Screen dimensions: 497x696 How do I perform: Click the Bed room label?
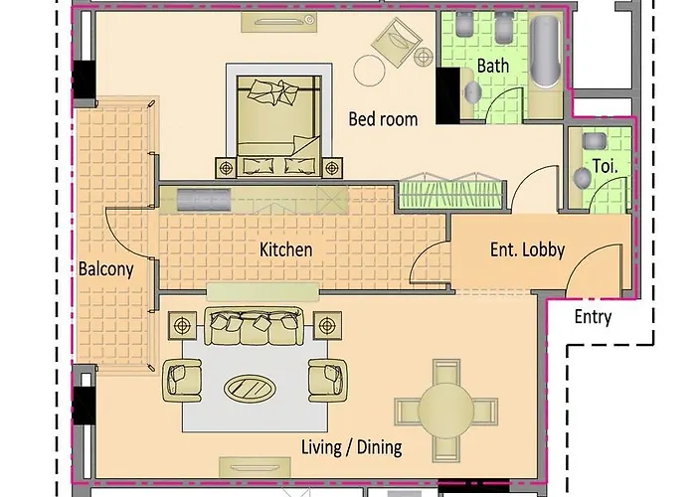383,119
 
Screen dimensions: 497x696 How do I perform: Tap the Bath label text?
493,66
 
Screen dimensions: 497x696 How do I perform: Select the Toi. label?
605,166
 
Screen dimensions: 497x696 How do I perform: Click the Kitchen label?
286,249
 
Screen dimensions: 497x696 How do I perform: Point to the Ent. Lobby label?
527,249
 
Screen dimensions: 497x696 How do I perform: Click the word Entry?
594,318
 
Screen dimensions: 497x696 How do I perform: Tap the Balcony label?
106,268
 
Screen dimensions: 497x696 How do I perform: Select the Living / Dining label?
351,446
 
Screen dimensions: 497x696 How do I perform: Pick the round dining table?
444,409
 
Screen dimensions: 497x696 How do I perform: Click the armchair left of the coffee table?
181,379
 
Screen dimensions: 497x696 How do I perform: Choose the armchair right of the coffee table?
324,379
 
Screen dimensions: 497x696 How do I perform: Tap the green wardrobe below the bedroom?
449,193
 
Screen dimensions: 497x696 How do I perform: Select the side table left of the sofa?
183,323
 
